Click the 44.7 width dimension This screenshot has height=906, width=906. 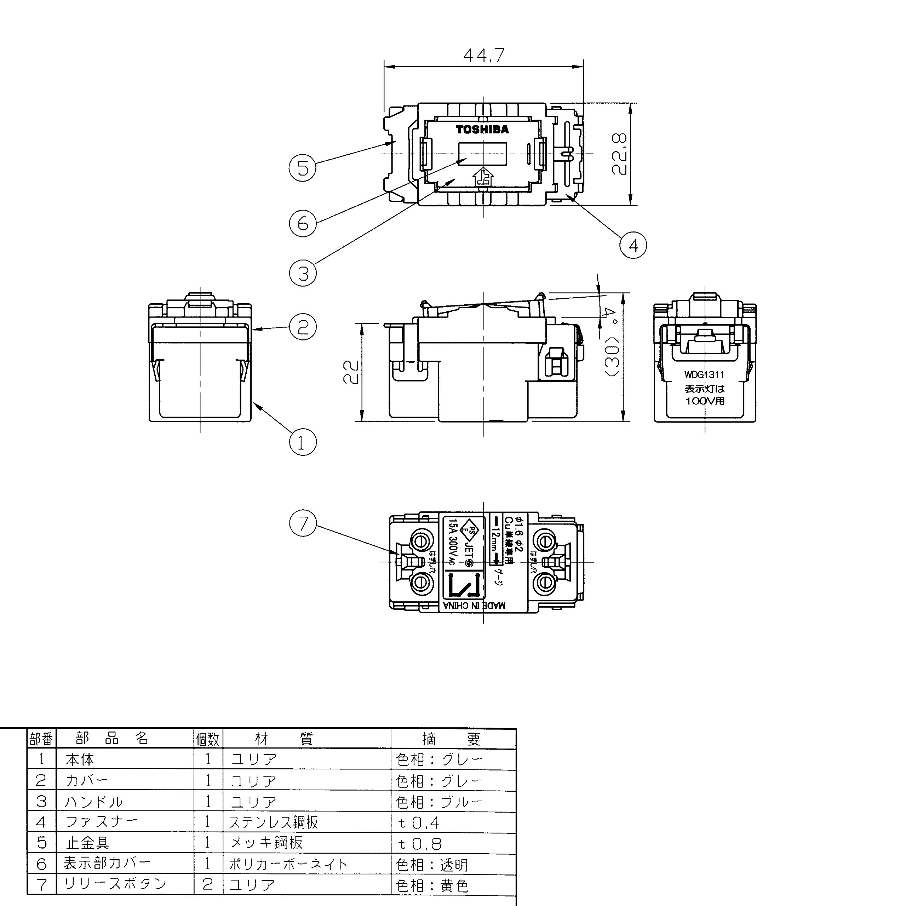(x=483, y=55)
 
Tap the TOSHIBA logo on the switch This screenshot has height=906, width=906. (x=482, y=130)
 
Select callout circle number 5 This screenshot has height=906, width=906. (x=303, y=168)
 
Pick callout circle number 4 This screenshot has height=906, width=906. (x=633, y=245)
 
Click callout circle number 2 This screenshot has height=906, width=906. (x=303, y=327)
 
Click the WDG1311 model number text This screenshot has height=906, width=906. (x=704, y=375)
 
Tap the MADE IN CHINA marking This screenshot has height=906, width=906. (x=475, y=606)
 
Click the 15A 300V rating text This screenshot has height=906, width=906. (x=453, y=543)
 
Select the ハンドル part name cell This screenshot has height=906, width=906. (x=94, y=802)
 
